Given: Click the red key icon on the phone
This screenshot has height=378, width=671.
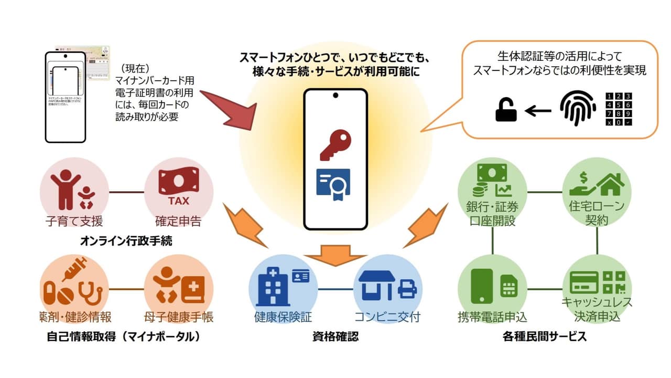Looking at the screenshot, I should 335,145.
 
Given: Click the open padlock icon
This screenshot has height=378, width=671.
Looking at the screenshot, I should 506,111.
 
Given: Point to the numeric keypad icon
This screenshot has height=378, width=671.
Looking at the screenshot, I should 619,109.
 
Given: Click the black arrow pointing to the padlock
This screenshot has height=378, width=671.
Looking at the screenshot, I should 538,111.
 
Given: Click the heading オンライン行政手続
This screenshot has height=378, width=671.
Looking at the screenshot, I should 126,241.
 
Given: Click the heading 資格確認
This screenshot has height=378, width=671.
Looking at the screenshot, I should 335,337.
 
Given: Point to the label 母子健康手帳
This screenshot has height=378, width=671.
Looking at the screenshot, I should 178,317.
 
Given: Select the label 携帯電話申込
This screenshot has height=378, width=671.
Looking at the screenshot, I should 492,317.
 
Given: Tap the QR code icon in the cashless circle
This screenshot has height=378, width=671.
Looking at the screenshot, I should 614,282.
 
